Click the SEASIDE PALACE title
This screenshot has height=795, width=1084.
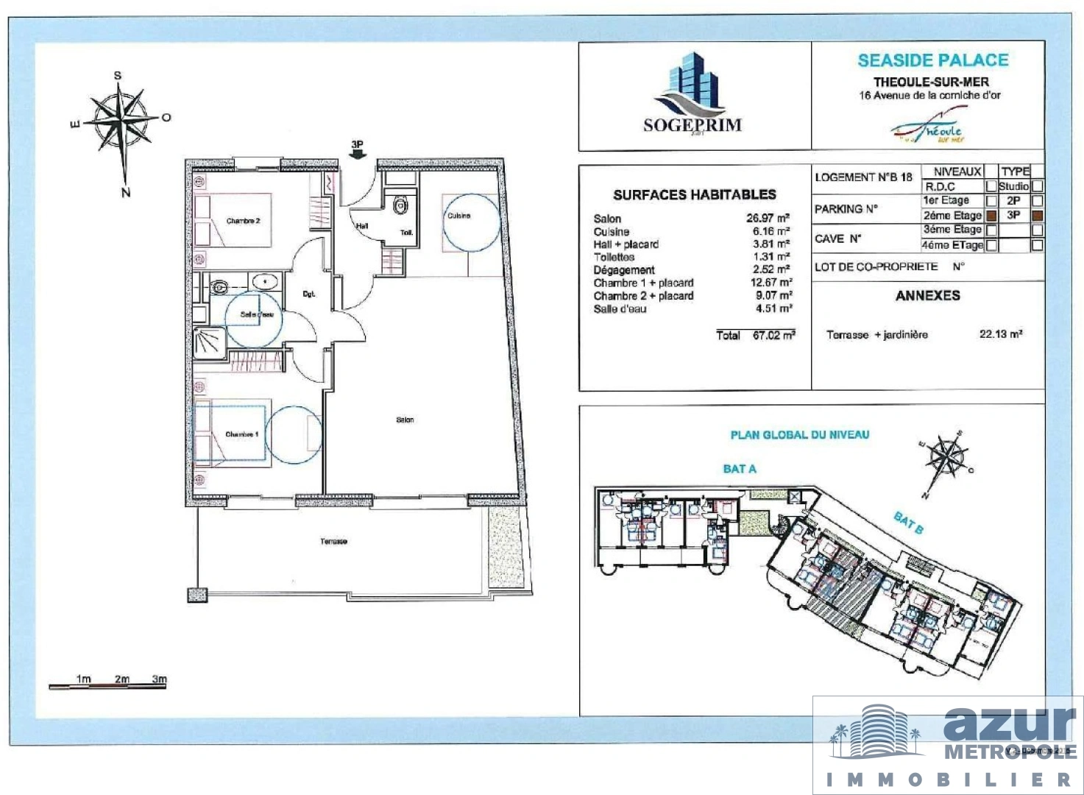click(932, 60)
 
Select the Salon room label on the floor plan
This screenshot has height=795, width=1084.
click(405, 420)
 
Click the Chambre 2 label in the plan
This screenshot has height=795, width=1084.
click(243, 221)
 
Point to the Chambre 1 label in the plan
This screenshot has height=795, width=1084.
click(241, 434)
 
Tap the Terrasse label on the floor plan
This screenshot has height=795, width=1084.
click(333, 542)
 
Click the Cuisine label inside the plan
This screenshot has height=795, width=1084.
click(458, 216)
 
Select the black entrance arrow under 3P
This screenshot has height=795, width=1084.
click(358, 155)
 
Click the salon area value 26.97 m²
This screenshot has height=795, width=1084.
click(768, 219)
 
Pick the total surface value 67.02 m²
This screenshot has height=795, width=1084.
click(773, 335)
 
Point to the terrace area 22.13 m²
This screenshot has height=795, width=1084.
click(1000, 334)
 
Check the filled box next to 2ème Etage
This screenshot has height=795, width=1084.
click(991, 216)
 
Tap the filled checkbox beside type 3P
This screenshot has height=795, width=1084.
click(1037, 216)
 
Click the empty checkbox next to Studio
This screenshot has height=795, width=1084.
click(1037, 186)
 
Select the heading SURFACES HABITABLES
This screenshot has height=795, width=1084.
click(694, 195)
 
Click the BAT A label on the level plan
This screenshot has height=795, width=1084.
click(739, 469)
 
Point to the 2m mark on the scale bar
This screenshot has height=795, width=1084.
click(122, 679)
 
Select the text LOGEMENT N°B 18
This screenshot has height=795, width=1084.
click(863, 177)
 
